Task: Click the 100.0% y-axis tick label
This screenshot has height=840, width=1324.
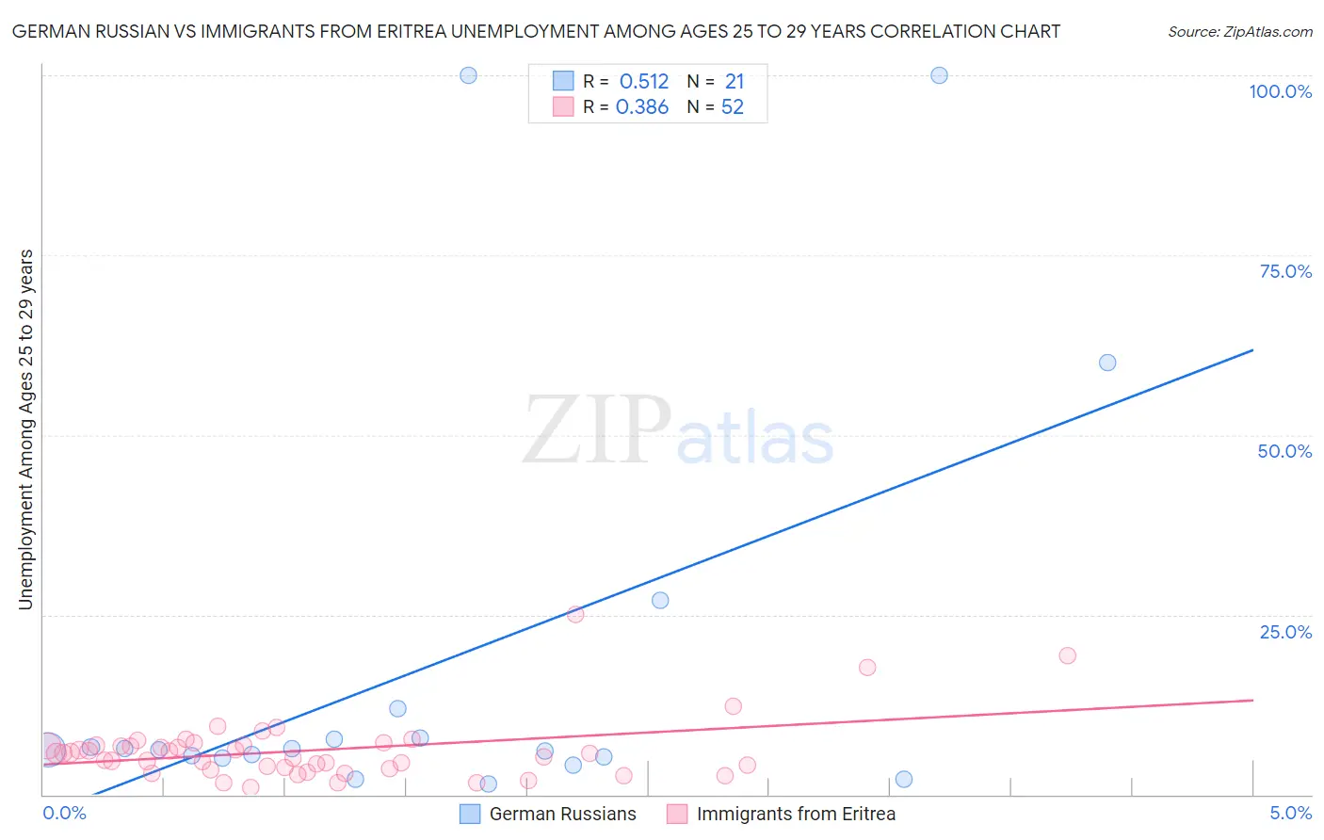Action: coord(1280,91)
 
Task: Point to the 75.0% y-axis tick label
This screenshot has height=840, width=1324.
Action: coord(1285,271)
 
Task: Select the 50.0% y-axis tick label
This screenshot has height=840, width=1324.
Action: coord(1284,451)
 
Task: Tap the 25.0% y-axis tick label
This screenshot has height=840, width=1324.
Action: coord(1285,631)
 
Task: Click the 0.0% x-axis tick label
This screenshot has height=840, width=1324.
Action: coord(64,813)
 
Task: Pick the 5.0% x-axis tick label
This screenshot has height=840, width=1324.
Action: coord(1290,813)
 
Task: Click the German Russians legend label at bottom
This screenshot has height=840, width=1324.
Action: coord(562,814)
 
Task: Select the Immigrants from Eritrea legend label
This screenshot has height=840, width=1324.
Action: coord(796,814)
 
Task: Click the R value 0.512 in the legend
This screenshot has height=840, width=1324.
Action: coord(644,82)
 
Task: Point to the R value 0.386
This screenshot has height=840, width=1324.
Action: coord(642,107)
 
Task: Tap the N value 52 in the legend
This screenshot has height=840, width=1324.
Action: coord(733,107)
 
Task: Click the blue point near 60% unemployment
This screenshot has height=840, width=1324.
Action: coord(1107,363)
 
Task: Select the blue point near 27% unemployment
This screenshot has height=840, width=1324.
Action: coord(660,600)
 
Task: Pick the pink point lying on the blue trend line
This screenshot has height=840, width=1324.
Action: coord(575,614)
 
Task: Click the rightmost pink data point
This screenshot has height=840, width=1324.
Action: coord(1067,655)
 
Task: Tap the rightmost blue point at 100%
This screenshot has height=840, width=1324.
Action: coord(939,75)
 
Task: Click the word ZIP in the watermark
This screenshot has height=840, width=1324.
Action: coord(597,430)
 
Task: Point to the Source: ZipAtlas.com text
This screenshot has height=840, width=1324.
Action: coord(1239,31)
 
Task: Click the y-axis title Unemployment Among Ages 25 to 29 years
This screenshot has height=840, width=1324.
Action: coord(26,428)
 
